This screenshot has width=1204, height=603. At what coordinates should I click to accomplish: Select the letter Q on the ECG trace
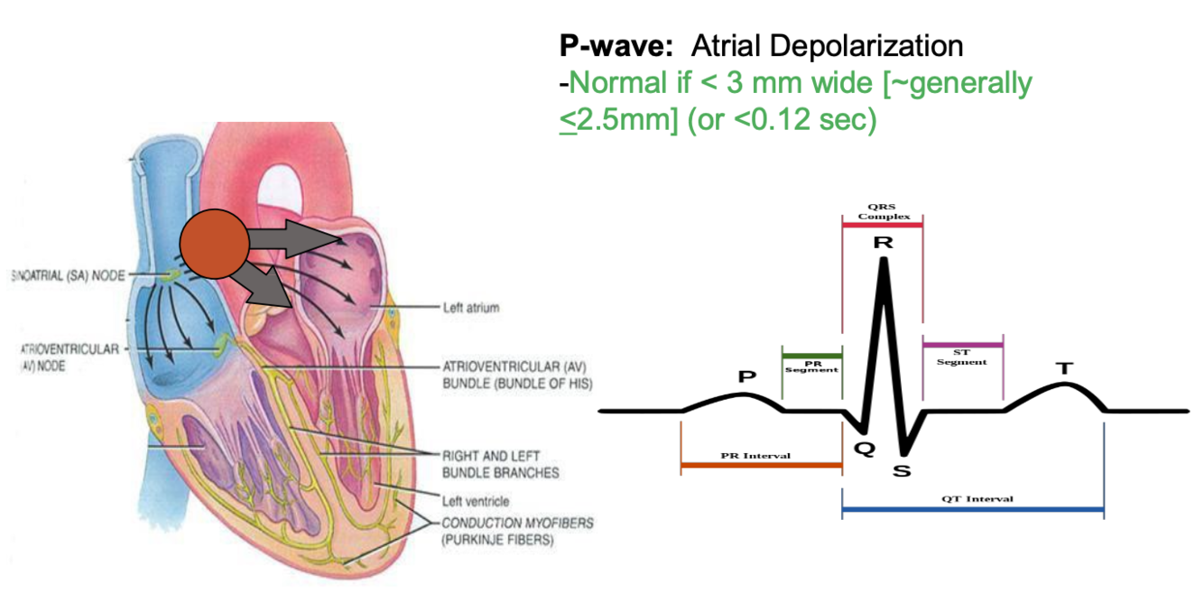(x=864, y=449)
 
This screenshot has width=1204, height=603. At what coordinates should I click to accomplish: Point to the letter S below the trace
(x=902, y=471)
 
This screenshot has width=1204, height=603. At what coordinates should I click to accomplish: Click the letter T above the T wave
(x=1065, y=368)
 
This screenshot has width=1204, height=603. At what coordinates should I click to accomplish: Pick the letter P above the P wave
(x=746, y=376)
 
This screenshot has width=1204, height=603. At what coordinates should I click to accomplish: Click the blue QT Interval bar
(x=972, y=510)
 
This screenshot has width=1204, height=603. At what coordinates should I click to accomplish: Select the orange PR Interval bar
(x=761, y=466)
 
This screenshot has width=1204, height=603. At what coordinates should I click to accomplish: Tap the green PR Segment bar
(x=811, y=355)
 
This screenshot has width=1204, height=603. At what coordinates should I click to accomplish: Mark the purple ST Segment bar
(x=962, y=345)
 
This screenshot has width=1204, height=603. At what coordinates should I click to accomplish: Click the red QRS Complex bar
(x=882, y=224)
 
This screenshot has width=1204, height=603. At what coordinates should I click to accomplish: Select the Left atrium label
(x=470, y=308)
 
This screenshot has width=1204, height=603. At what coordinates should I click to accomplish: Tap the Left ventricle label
(x=476, y=501)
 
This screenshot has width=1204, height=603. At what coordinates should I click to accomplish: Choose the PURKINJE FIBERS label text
(x=498, y=541)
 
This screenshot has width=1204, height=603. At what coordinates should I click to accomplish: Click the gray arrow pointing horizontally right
(x=297, y=238)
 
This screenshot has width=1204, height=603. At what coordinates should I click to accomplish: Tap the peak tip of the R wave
(x=884, y=260)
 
